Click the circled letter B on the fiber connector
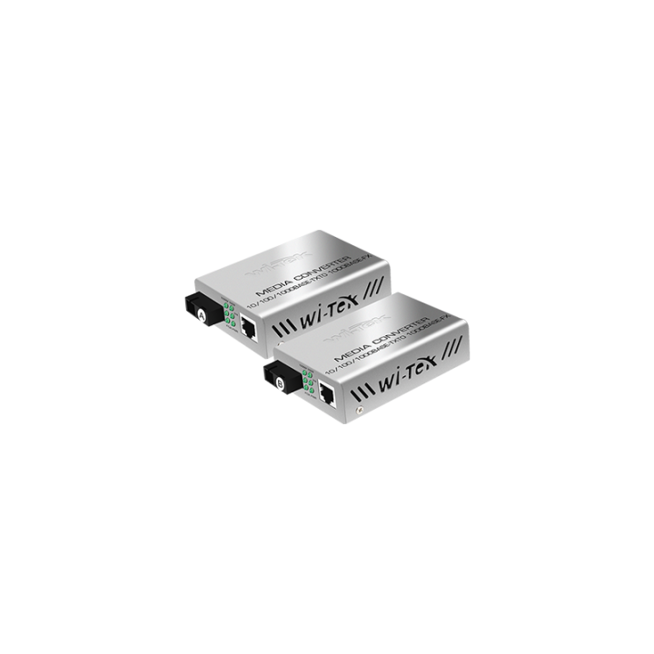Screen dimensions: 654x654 point(279,382)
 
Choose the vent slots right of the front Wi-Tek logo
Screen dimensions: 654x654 point(456,349)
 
